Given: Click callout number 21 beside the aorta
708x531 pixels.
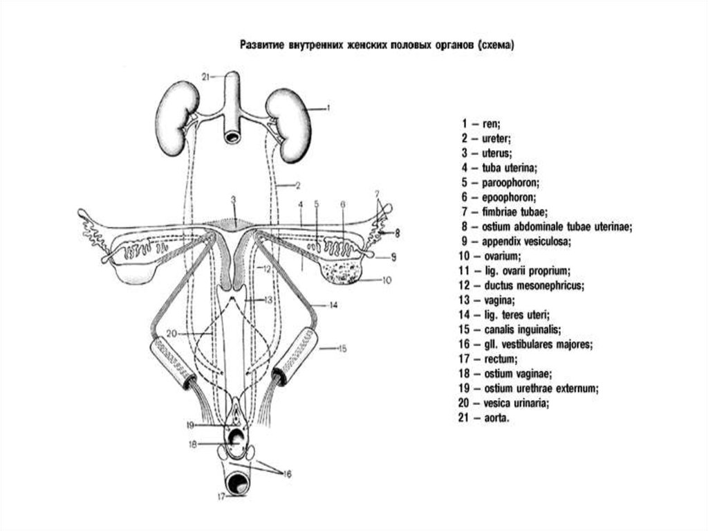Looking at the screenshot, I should (205, 75).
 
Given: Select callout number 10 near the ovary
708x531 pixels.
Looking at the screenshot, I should (386, 280).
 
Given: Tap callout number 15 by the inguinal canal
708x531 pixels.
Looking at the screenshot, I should (342, 349).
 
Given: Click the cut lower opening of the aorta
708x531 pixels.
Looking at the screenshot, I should (232, 137).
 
